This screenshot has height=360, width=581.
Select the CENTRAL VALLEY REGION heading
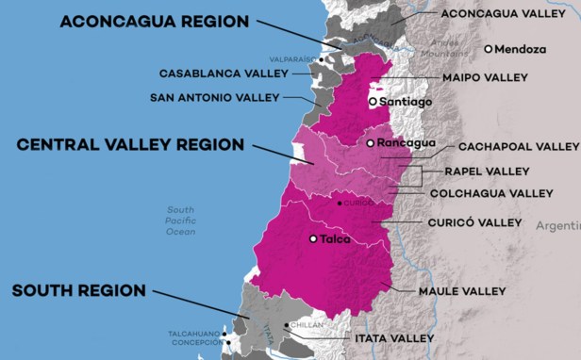130,144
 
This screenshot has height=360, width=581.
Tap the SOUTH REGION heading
78,291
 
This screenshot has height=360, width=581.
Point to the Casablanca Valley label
223,73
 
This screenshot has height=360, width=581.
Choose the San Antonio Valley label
216,97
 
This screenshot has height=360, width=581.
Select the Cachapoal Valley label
518,147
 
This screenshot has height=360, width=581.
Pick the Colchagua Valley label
491,193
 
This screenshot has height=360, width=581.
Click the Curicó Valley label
474,222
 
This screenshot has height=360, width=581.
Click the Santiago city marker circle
373,101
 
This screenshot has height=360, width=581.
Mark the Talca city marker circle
313,239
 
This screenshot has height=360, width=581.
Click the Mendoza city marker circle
488,49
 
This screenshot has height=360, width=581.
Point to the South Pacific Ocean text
180,220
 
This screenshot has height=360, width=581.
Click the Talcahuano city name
194,334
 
